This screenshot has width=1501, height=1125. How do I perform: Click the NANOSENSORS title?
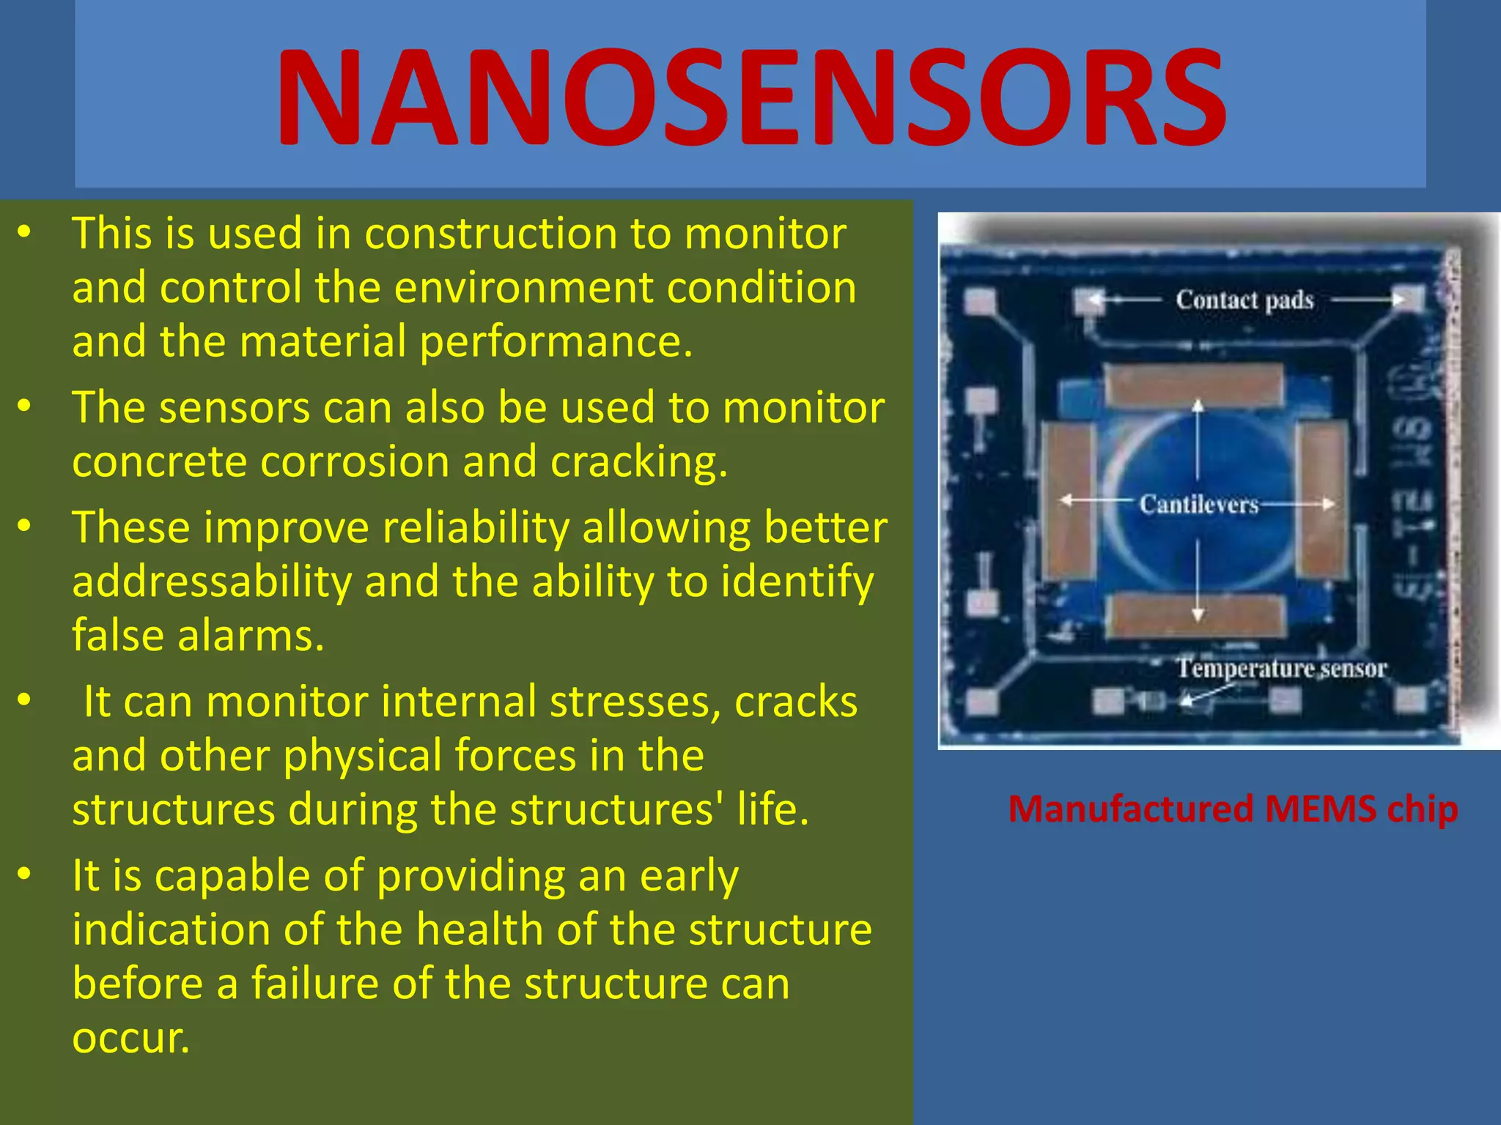tap(750, 97)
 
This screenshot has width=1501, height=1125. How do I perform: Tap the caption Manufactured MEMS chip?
tap(1233, 809)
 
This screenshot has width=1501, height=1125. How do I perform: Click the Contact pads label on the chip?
tap(1244, 300)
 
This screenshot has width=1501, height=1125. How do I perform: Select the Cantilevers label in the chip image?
tap(1198, 504)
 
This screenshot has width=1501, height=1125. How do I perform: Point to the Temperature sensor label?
tap(1281, 668)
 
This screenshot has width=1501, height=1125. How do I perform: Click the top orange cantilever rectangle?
tap(1195, 385)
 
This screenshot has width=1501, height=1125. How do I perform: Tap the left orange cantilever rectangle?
tap(1069, 502)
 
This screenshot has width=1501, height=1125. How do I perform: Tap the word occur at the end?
tap(130, 1038)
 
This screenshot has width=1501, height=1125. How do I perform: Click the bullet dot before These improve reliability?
tap(25, 526)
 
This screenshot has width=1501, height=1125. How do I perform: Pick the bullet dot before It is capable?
tap(25, 874)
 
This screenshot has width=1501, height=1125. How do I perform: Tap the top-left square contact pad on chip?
tap(979, 301)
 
